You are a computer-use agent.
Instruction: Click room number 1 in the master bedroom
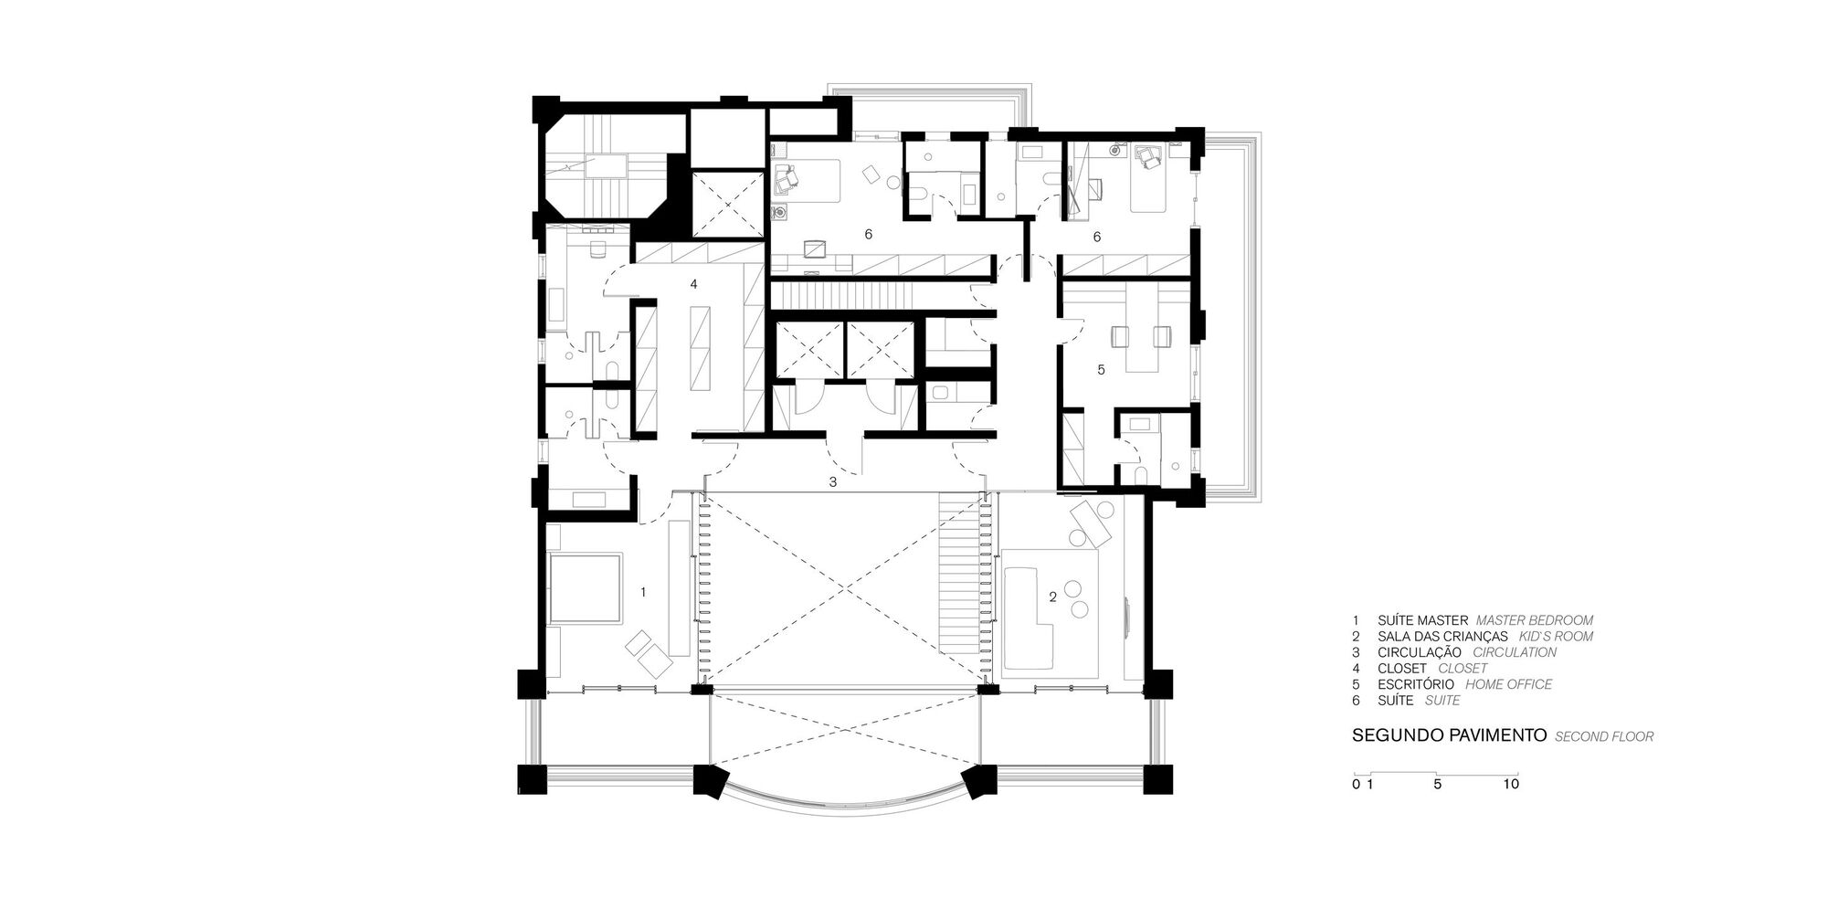[643, 593]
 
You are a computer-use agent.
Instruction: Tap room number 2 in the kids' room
[1052, 597]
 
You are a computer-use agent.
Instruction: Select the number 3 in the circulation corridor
[832, 481]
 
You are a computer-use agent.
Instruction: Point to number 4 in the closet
[693, 285]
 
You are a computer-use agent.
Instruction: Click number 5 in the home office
[1101, 370]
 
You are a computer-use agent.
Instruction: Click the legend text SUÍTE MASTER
[1423, 620]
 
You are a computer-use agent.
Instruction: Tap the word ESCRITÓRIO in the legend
[1416, 684]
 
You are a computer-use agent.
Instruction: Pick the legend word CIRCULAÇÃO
[1419, 652]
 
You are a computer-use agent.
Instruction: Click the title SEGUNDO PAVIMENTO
[1449, 734]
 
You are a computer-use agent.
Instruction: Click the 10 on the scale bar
[1511, 784]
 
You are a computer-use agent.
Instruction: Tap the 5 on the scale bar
[1438, 784]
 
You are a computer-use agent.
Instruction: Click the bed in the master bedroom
[585, 588]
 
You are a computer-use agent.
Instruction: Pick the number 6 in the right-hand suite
[1096, 238]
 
